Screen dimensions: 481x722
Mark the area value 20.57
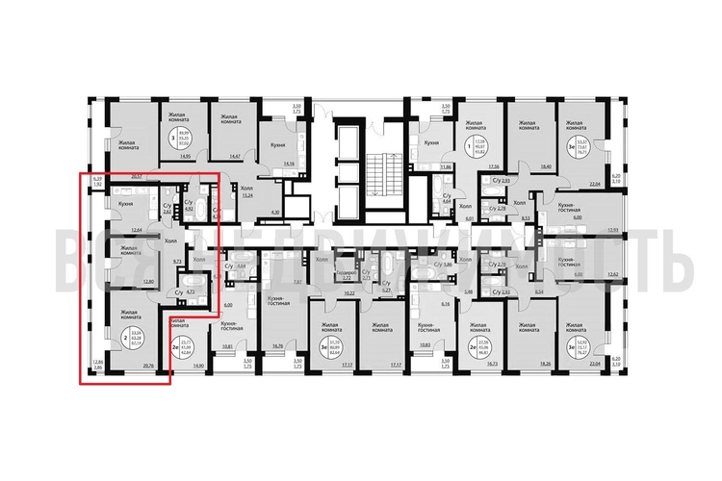click(x=137, y=177)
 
